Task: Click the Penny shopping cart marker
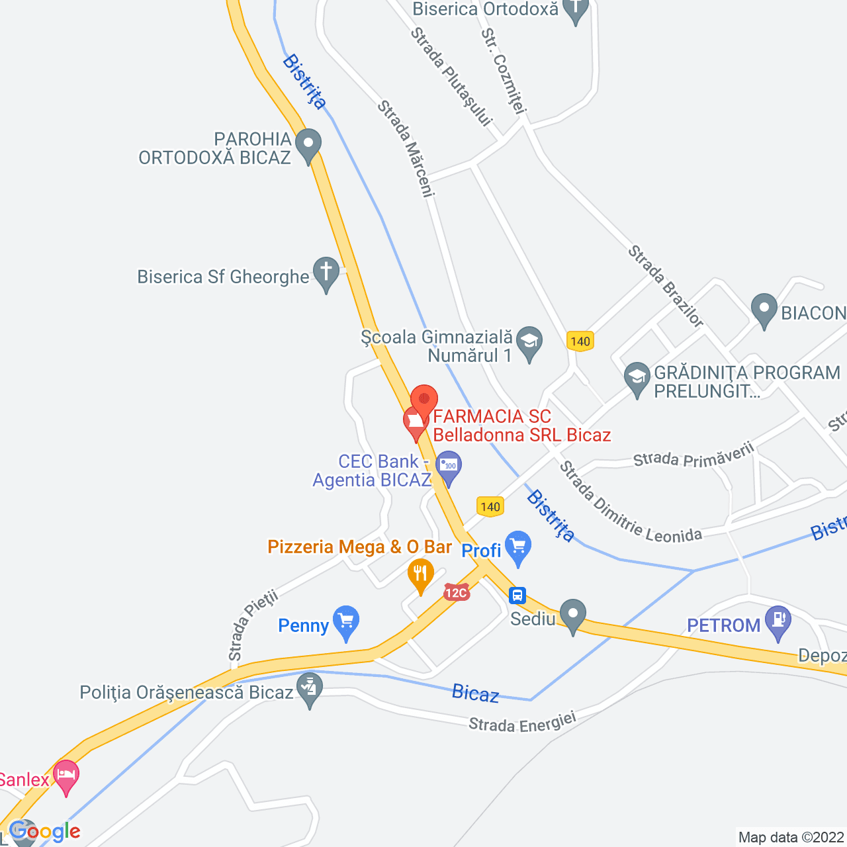coord(345,621)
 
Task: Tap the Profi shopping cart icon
coord(517,547)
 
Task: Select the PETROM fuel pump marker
coord(778,621)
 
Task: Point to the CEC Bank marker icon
coord(449,466)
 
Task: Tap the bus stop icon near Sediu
coord(517,596)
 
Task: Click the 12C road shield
coord(457,592)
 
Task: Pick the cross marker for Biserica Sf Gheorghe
coord(326,273)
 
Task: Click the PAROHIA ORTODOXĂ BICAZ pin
coord(308,145)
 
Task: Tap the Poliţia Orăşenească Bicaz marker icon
coord(309,688)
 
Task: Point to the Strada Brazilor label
coord(665,286)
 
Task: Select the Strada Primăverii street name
coord(693,455)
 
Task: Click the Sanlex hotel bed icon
coord(66,776)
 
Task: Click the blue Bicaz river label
coord(475,693)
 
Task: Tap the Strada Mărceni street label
coord(406,148)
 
